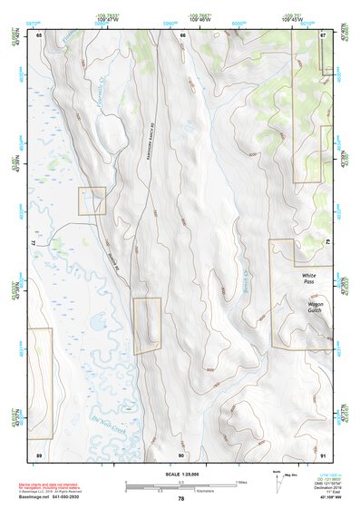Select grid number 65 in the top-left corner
[x=39, y=34]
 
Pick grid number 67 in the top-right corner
[x=323, y=34]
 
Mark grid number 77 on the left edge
[x=32, y=244]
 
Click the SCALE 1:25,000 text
[x=180, y=474]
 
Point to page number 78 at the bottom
[x=180, y=499]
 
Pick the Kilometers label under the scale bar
[x=181, y=491]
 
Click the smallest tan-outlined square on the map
[x=92, y=201]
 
